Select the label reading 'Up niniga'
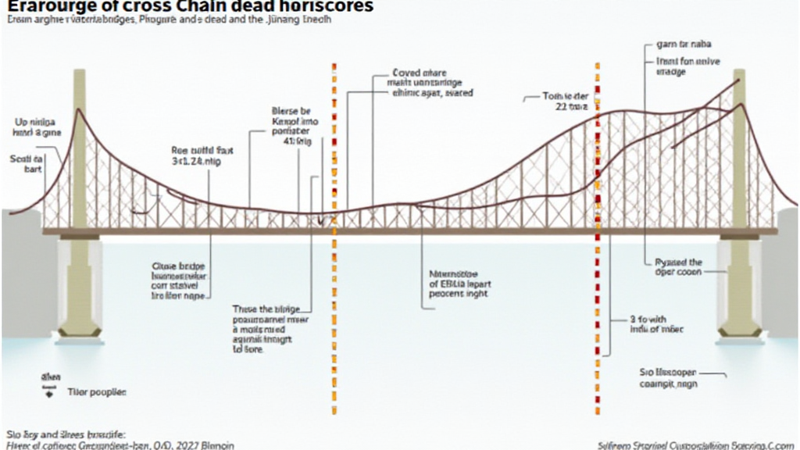pos(34,123)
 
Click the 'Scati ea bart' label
pos(28,162)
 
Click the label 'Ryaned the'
pos(677,262)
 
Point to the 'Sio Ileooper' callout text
pos(667,373)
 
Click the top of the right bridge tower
pos(738,73)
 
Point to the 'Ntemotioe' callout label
pos(455,273)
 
